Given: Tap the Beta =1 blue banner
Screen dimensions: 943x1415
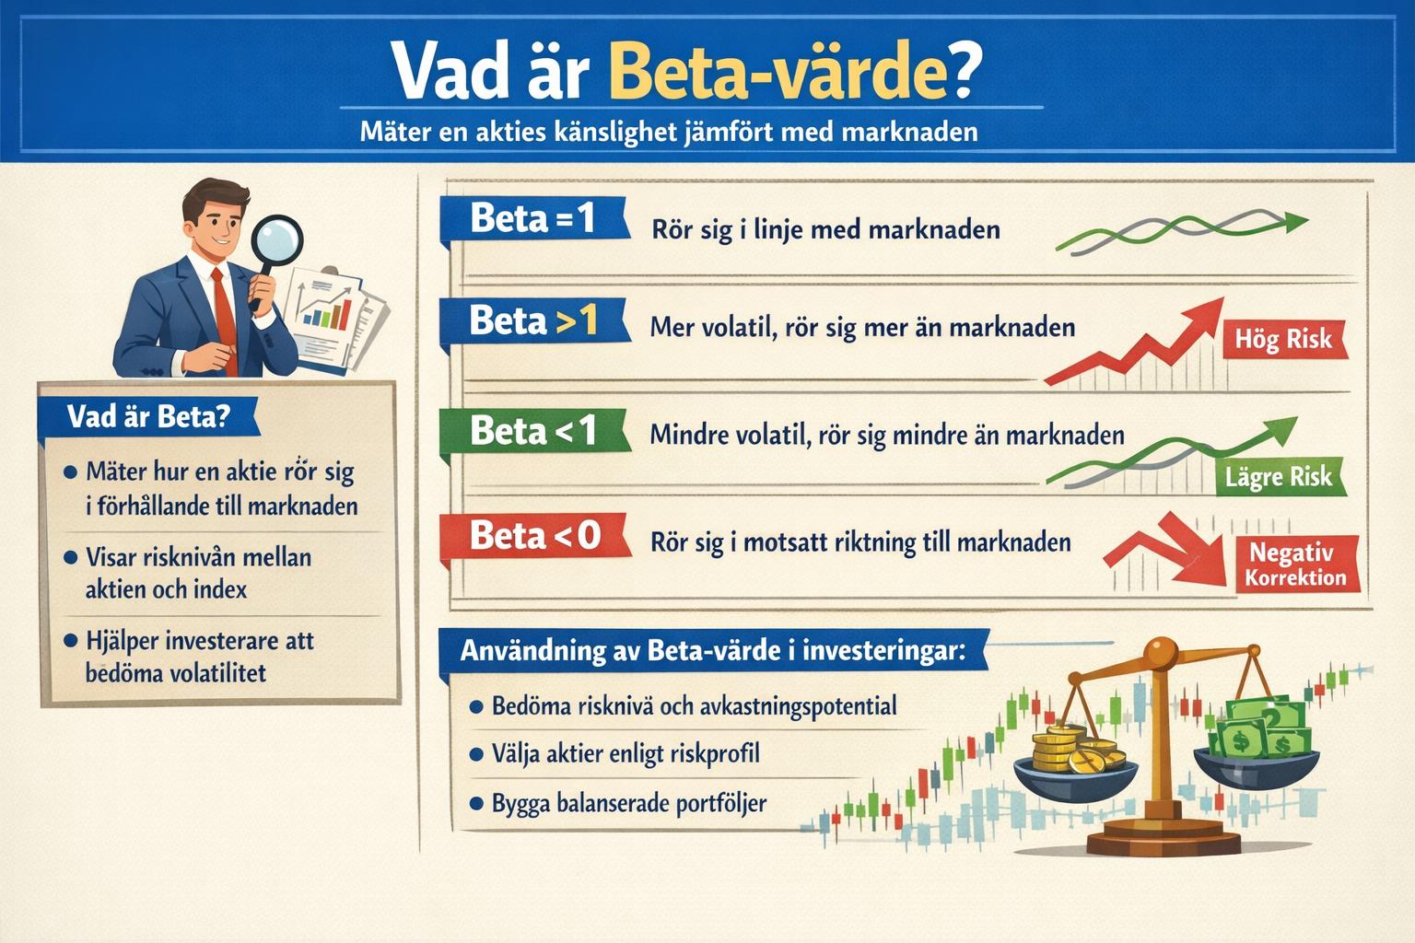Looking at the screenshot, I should (532, 219).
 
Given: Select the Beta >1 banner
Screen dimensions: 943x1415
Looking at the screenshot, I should (532, 321).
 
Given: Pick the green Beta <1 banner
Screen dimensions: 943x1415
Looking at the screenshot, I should (532, 431).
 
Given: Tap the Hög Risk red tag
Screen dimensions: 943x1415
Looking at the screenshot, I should (1283, 340).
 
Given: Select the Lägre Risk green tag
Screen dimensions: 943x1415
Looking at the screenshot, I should (1278, 477).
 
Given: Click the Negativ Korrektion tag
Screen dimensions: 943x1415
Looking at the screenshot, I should (1294, 565).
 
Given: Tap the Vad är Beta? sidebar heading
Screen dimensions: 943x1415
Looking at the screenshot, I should (147, 417).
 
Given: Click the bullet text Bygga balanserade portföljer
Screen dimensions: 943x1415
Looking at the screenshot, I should (628, 803).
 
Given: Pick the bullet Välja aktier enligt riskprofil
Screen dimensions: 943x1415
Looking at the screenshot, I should (625, 754).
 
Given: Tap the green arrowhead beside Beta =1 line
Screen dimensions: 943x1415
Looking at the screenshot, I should (1294, 221).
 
